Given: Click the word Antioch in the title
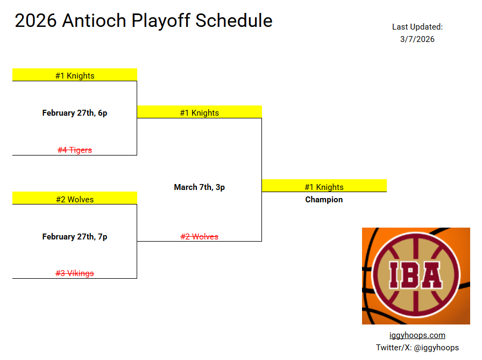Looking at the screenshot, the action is click(94, 20).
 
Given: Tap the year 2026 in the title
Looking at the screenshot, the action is click(36, 20).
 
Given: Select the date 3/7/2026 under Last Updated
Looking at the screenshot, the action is click(417, 39).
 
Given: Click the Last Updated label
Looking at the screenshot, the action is click(417, 27).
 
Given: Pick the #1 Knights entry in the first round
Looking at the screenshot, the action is click(75, 76).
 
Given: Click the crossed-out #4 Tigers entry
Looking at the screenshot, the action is click(75, 150).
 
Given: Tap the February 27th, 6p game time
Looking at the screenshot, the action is click(75, 113).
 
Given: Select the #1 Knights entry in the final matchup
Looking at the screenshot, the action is click(199, 113).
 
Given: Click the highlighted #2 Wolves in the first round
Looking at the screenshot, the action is click(75, 199).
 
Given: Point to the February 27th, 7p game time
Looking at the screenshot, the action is click(75, 236).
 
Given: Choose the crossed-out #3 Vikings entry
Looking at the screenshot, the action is click(75, 273).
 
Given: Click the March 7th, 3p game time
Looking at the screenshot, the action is click(199, 187).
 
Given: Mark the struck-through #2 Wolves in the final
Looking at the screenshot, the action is click(199, 236).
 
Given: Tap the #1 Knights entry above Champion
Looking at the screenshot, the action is click(324, 187).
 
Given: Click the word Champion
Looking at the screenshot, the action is click(324, 200).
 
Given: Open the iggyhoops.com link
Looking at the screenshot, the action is click(417, 335).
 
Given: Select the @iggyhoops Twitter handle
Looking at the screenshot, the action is click(436, 348).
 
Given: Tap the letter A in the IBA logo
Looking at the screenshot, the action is click(431, 275).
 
